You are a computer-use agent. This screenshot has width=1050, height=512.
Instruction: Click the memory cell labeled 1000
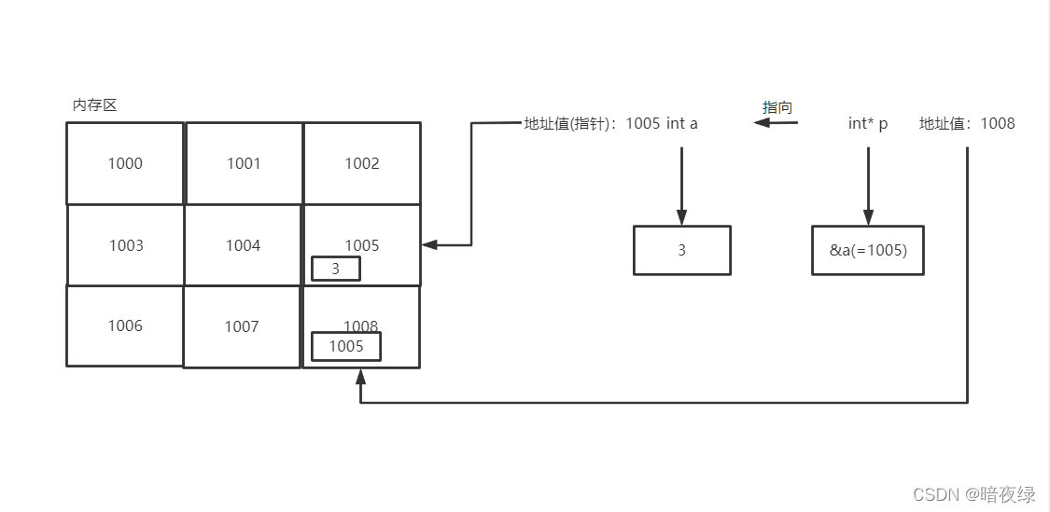(125, 163)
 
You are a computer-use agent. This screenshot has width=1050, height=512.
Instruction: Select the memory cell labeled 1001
(244, 163)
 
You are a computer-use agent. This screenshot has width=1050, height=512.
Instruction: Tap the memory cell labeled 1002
(362, 163)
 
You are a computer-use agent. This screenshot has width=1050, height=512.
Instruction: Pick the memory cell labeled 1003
(126, 245)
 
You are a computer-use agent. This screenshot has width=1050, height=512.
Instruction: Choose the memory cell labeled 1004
(243, 245)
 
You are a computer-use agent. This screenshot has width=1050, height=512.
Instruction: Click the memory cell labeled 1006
(125, 325)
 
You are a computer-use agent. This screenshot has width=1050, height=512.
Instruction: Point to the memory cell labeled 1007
(242, 326)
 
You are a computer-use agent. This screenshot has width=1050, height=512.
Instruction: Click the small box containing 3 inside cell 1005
(335, 269)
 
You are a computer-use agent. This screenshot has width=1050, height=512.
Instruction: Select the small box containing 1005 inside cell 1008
(346, 346)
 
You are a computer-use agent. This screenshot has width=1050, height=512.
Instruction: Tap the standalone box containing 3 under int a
(681, 250)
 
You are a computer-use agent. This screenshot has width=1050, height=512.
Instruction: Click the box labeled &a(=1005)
(868, 250)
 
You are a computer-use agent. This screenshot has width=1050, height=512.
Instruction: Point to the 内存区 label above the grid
(95, 105)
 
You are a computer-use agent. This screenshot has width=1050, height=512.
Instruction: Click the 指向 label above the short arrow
(777, 107)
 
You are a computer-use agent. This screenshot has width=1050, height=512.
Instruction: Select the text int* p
(868, 123)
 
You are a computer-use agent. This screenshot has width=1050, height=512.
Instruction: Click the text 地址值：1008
(967, 123)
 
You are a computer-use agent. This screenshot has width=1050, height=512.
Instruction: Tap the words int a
(682, 123)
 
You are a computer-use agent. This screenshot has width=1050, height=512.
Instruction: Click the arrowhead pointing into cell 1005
(429, 245)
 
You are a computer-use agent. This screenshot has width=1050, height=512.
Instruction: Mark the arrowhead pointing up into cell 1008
(360, 376)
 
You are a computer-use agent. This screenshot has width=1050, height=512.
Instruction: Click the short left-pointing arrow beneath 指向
(777, 123)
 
